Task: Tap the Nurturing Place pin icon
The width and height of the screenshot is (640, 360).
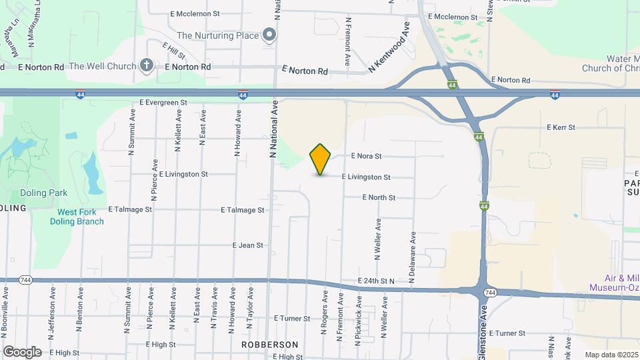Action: [x=269, y=35]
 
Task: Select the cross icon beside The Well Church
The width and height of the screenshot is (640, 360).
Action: [x=147, y=65]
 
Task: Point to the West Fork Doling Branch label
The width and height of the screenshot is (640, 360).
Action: [x=77, y=217]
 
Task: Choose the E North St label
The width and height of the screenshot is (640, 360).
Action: [x=379, y=197]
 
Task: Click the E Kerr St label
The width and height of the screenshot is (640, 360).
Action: [x=561, y=127]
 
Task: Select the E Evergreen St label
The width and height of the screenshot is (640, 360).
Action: [x=163, y=103]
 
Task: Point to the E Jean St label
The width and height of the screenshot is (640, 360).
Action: [x=248, y=245]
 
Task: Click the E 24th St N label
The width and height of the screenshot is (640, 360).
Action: [x=377, y=281]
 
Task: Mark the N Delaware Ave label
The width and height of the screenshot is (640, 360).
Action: [x=413, y=257]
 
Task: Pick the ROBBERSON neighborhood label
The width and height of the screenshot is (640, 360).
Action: [x=269, y=345]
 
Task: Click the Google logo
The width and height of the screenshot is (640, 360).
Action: [x=22, y=351]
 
